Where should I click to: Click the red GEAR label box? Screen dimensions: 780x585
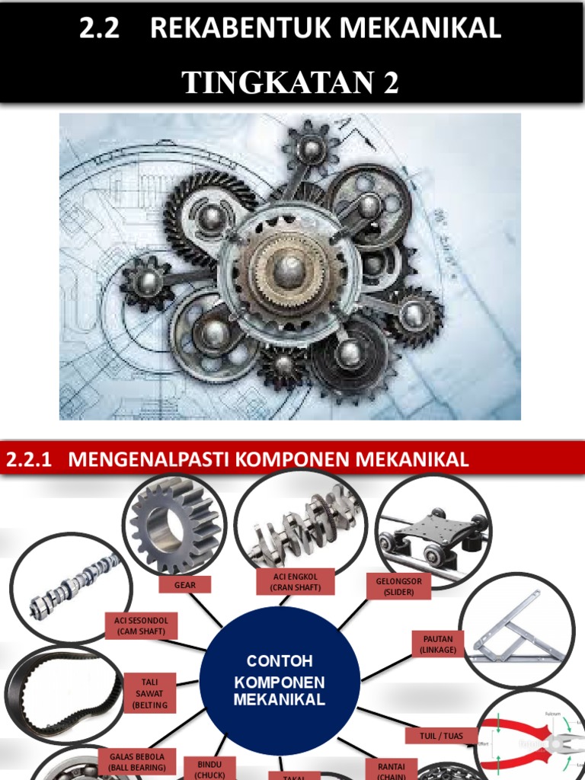click(185, 585)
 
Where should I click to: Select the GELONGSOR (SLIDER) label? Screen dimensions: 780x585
click(398, 586)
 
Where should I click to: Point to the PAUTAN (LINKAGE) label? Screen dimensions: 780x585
click(438, 644)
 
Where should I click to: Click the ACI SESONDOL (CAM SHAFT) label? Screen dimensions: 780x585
click(141, 626)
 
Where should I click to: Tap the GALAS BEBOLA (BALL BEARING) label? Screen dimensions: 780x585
click(137, 762)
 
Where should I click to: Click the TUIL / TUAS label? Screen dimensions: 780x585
click(441, 737)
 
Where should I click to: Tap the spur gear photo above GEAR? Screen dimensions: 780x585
click(174, 525)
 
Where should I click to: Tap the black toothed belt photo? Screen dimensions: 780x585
click(64, 693)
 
